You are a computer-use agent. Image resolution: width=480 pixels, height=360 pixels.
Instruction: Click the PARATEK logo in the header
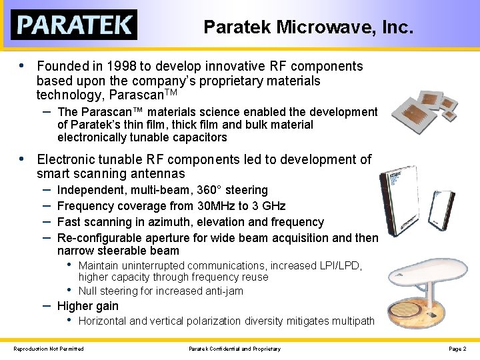point(74,25)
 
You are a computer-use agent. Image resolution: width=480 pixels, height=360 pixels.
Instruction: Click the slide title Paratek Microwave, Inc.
point(308,27)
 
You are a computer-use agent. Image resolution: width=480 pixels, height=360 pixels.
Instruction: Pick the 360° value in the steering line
point(211,190)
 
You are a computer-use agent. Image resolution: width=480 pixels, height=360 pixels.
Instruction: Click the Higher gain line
point(88,306)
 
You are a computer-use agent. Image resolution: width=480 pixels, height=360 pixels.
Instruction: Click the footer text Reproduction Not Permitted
point(49,349)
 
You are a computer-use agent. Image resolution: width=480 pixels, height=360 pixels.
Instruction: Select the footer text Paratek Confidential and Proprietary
point(235,349)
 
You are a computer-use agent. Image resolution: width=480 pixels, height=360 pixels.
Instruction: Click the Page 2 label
point(457,349)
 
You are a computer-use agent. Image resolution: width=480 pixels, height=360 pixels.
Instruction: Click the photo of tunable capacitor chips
point(424,107)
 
